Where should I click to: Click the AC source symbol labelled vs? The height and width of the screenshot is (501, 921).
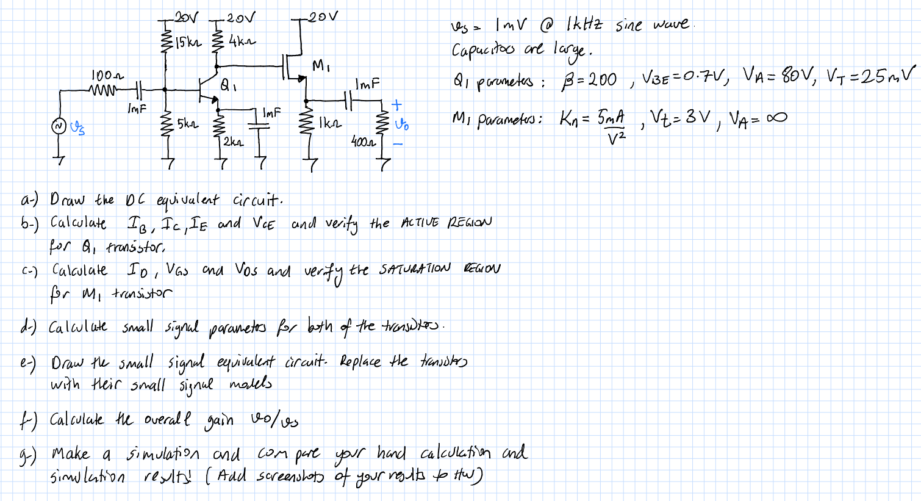[x=59, y=126]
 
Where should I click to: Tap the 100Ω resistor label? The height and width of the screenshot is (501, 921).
[x=107, y=76]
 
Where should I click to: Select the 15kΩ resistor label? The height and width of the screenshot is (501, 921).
[x=187, y=43]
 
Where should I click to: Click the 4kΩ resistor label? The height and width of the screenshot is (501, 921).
[x=243, y=41]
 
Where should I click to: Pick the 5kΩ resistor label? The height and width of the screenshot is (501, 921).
[x=187, y=124]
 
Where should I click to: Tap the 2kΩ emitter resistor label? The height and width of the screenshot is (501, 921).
[x=233, y=142]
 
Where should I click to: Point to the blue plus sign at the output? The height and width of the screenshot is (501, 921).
[x=397, y=105]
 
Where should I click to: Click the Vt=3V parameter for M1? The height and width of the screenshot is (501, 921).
[x=679, y=117]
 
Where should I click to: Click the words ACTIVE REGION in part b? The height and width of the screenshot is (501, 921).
[x=445, y=222]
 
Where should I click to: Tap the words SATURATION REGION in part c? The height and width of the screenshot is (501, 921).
[x=439, y=269]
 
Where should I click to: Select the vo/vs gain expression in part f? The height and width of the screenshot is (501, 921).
[x=274, y=420]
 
